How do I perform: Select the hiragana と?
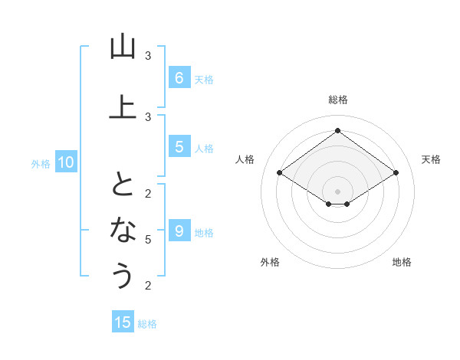(123, 184)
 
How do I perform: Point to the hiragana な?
(123, 229)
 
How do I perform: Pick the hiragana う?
(123, 275)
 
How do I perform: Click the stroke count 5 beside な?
(148, 239)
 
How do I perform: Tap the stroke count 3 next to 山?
(148, 56)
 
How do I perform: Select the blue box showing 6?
(179, 77)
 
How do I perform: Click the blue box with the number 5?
(179, 147)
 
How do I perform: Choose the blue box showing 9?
(179, 231)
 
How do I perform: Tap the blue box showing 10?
(66, 162)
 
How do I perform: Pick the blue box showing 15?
(123, 322)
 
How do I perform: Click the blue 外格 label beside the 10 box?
(41, 163)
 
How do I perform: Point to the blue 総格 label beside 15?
(147, 323)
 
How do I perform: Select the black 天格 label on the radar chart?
(431, 159)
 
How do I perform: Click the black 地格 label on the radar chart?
(402, 262)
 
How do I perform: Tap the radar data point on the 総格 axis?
(337, 131)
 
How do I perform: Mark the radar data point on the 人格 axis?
(279, 173)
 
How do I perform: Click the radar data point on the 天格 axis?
(396, 173)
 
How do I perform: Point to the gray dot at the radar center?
(337, 191)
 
